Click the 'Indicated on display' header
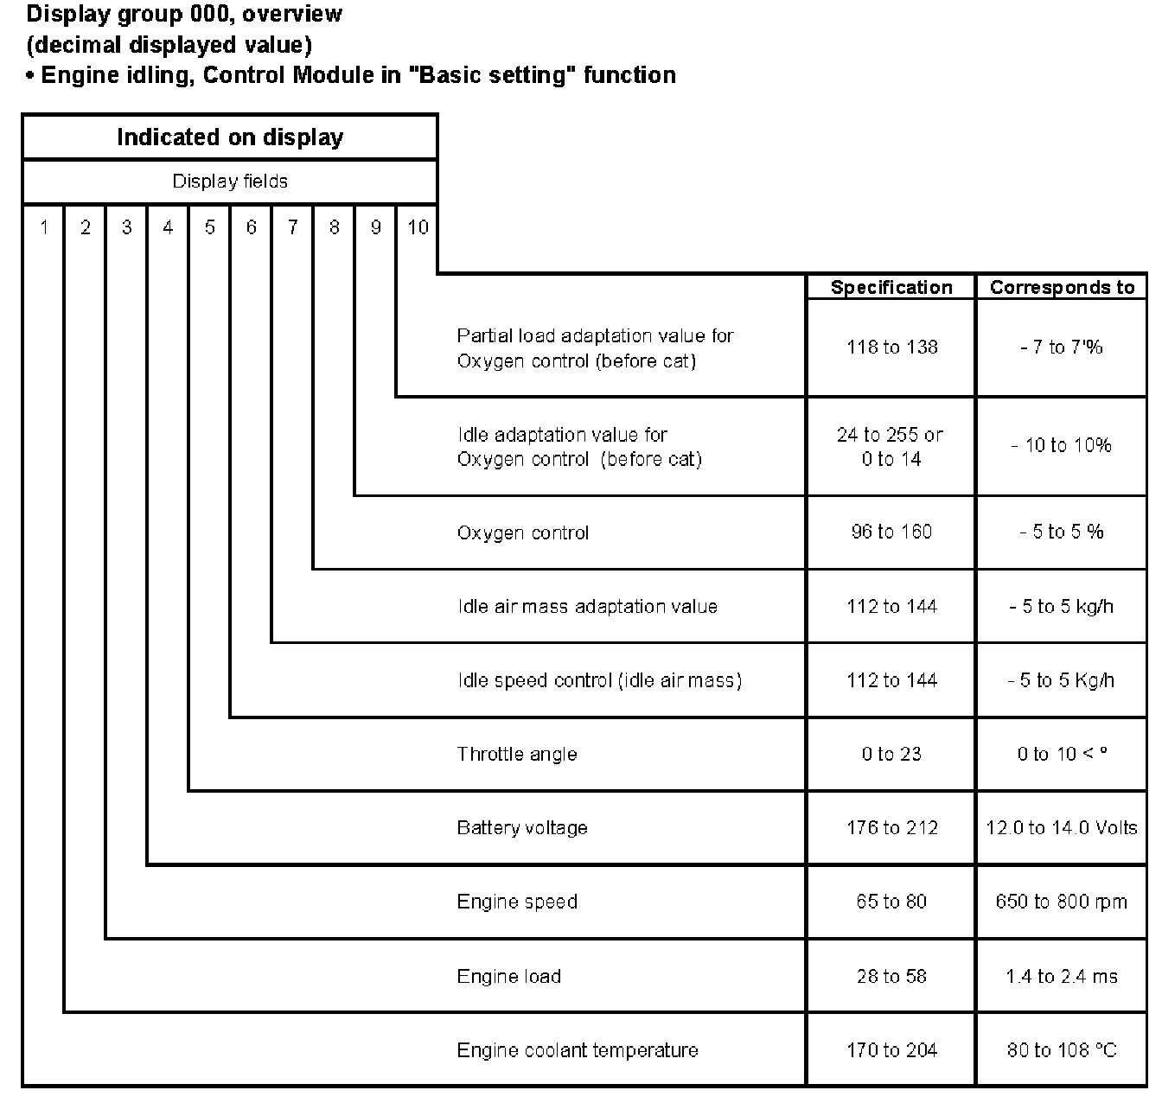coord(230,137)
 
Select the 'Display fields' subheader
coord(230,182)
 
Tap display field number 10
coord(418,227)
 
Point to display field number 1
coord(44,227)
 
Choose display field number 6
coord(252,227)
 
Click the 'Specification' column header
coord(891,288)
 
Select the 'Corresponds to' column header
coord(1062,288)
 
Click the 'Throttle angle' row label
coord(516,755)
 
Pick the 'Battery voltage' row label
coord(522,828)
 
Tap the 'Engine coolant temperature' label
coord(578,1050)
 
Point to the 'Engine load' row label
coord(509,977)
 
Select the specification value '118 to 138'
coord(891,347)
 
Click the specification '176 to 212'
coord(891,828)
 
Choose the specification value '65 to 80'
coord(891,902)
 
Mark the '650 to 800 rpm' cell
coord(1062,902)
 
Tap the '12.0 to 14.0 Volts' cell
coord(1062,828)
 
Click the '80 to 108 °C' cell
coord(1062,1050)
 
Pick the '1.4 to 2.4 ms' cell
coord(1062,977)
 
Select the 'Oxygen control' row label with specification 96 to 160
coord(522,532)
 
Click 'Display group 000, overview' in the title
coord(184,15)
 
